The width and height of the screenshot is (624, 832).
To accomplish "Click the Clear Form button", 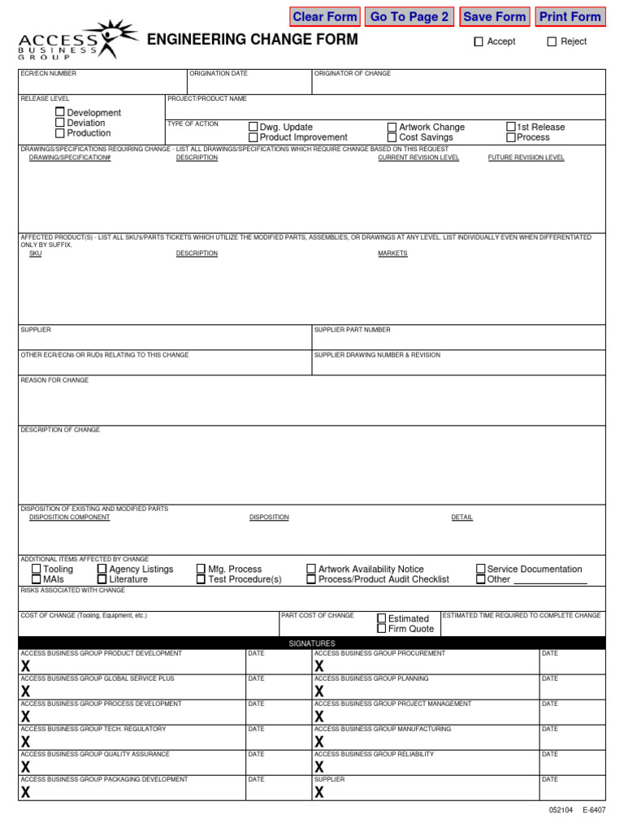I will click(325, 17).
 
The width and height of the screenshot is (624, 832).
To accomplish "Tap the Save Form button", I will click(494, 17).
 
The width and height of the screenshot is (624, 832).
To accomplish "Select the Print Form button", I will click(570, 17).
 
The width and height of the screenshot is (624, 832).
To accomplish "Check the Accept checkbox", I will click(479, 41).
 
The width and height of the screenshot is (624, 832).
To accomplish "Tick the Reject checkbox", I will click(552, 41).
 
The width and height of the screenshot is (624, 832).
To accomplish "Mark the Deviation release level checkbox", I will click(60, 123).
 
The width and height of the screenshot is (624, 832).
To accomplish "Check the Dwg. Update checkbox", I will click(253, 127).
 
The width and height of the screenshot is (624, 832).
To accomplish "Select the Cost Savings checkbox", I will click(392, 137).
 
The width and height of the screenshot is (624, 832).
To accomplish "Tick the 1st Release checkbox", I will click(511, 127).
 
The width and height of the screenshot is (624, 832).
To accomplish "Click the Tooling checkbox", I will click(37, 569).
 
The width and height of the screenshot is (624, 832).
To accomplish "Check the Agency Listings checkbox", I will click(102, 569).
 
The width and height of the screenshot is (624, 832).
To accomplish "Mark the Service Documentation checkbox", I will click(480, 569).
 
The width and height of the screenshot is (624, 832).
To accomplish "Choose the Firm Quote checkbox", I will click(382, 628).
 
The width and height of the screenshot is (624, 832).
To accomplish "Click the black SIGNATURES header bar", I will click(312, 643).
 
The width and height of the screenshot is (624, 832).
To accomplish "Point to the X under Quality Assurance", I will click(26, 767).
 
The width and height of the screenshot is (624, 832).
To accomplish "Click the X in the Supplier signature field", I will click(319, 792).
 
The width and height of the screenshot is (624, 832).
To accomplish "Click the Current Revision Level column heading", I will click(418, 158).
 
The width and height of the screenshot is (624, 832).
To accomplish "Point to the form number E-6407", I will click(593, 810).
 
